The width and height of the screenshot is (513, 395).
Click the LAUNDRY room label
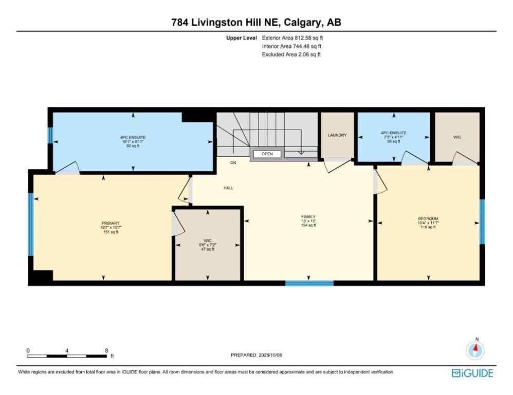coord(337,135)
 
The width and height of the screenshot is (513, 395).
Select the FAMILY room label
coord(308,217)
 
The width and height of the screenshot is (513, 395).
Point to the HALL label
coord(228,188)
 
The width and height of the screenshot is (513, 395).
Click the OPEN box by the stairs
coord(267,154)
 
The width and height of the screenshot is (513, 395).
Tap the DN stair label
coord(232,163)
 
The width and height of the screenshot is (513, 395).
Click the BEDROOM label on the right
coord(428,219)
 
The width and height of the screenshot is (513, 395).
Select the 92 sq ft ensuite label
coord(133,141)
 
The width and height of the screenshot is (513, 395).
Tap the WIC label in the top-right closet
coord(457,137)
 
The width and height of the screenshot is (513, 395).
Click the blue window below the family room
coord(309,282)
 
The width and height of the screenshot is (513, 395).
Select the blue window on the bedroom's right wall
coord(482,222)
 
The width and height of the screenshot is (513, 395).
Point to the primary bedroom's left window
coord(31,224)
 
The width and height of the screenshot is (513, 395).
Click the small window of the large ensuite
coord(50,135)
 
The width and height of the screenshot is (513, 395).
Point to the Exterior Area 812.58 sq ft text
coord(292,38)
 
